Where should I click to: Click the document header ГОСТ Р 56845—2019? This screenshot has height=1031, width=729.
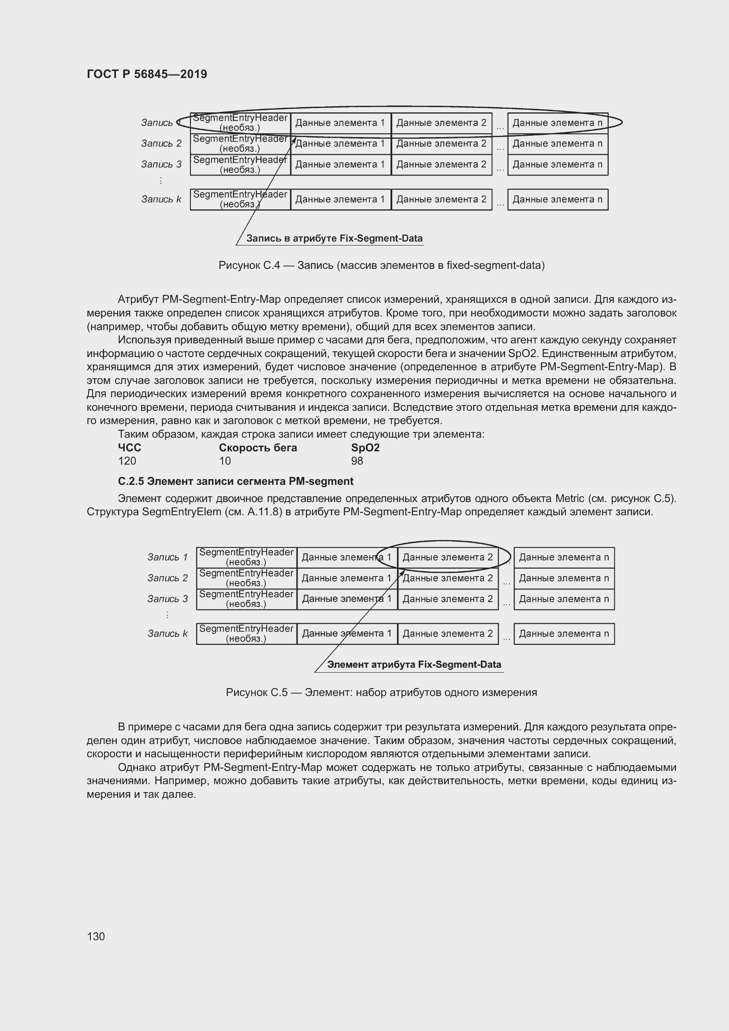[x=147, y=74]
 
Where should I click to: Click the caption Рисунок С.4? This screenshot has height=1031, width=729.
[x=381, y=265]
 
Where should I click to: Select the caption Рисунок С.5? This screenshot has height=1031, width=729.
[x=381, y=692]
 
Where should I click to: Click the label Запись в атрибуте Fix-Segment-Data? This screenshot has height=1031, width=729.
[x=334, y=238]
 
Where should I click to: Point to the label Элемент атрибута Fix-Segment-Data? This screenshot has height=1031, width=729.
[x=414, y=665]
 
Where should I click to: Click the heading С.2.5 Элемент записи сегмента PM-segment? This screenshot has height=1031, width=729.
[x=235, y=481]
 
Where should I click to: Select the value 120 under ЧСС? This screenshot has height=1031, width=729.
[x=127, y=461]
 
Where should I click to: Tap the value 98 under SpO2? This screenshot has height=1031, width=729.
[x=357, y=461]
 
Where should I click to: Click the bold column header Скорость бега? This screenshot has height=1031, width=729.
[x=258, y=448]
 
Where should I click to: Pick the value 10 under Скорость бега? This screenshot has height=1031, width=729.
[x=225, y=461]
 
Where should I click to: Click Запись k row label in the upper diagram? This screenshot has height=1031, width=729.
[x=161, y=199]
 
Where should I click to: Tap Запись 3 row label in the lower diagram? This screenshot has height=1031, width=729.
[x=167, y=599]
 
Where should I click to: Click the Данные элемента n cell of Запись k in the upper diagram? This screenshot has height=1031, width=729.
[x=558, y=199]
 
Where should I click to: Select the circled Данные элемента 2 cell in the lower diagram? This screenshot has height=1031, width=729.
[x=447, y=557]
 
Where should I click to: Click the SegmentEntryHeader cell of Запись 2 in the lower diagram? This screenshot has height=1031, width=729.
[x=246, y=578]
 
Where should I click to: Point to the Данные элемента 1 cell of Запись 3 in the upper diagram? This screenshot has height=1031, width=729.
[x=340, y=164]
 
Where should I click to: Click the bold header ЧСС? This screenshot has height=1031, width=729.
[x=129, y=448]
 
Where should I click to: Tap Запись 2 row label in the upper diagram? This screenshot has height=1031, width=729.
[x=161, y=144]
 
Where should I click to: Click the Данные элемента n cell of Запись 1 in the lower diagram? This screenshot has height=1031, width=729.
[x=564, y=557]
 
